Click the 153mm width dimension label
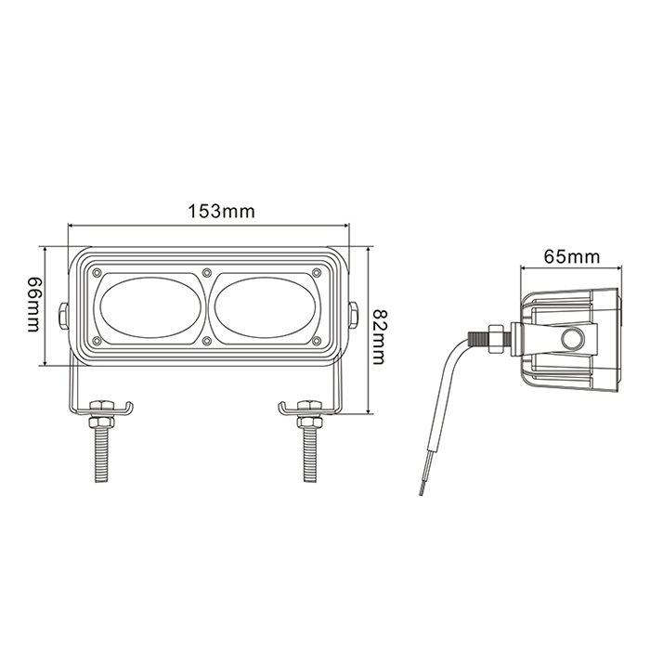(221, 212)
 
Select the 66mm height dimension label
(34, 305)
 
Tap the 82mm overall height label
(378, 336)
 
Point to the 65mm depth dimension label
(572, 256)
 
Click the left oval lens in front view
(150, 308)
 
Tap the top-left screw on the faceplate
(97, 272)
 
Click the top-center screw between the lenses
(206, 272)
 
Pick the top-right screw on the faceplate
(317, 272)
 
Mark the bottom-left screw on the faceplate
(97, 341)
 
